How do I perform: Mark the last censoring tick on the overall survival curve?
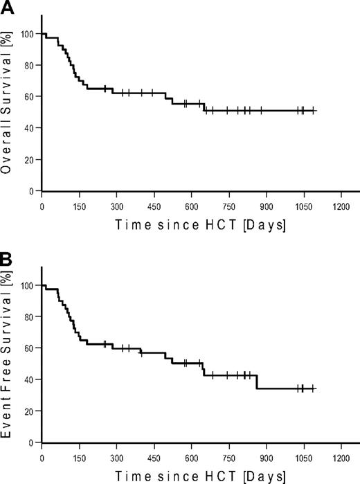[x=314, y=110]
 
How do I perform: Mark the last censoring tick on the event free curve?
[x=314, y=388]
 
